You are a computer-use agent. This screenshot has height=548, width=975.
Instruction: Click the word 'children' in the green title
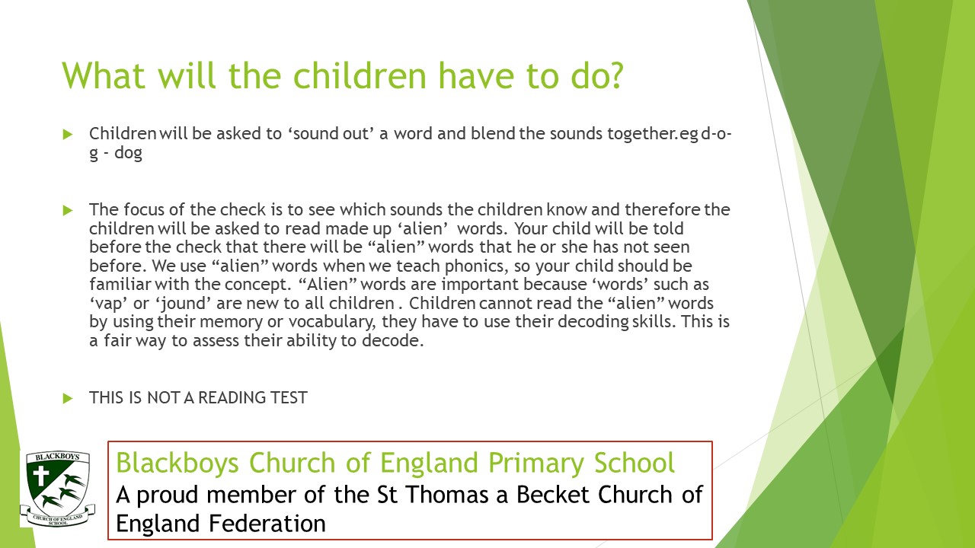[360, 75]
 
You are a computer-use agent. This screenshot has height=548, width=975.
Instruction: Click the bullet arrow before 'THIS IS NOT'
[68, 398]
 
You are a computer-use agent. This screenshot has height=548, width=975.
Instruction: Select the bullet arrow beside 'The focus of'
[68, 211]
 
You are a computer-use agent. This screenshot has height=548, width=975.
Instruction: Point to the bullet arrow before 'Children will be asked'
[68, 134]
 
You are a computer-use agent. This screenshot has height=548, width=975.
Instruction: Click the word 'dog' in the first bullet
[129, 153]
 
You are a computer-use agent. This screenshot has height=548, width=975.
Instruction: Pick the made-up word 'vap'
[109, 304]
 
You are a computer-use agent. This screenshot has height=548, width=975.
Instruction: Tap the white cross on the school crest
[41, 476]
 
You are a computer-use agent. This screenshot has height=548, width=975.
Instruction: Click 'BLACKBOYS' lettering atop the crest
[57, 457]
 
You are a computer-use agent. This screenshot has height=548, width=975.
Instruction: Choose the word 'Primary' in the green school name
[535, 463]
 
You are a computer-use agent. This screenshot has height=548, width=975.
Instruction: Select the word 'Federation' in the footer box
[267, 523]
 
